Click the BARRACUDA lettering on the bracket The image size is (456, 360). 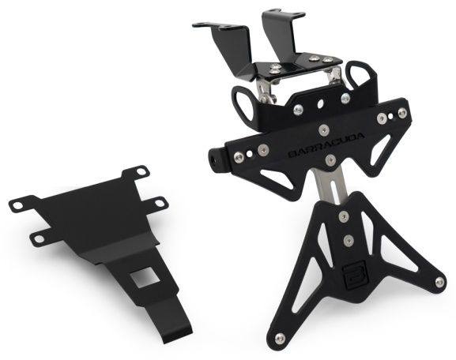tap(326, 144)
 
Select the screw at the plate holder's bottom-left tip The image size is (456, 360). tap(280, 337)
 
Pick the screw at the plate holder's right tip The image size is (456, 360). tap(439, 281)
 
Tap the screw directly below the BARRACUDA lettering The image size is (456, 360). tap(330, 159)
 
